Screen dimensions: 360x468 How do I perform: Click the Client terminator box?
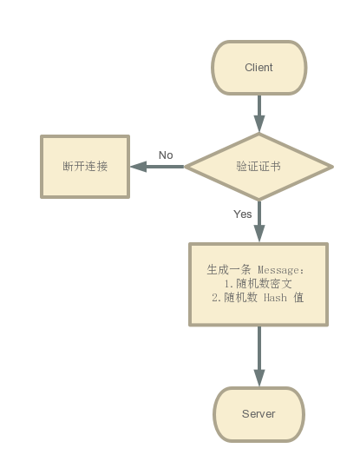click(259, 68)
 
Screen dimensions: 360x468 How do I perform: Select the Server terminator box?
click(259, 414)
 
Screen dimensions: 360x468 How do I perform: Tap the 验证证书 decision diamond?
click(259, 167)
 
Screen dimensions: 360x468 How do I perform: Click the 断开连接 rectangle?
click(85, 167)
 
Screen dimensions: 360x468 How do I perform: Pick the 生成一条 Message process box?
click(259, 285)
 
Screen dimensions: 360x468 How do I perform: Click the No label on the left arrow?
click(166, 155)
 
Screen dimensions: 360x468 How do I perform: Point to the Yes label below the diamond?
click(243, 214)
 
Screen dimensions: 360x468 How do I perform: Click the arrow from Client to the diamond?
click(259, 114)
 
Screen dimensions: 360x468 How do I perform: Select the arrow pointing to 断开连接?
click(157, 167)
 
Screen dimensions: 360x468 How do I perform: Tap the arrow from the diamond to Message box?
click(259, 221)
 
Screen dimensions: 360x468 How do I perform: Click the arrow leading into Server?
click(259, 356)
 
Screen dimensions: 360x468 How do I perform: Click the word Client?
click(259, 68)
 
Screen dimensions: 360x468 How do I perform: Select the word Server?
click(259, 413)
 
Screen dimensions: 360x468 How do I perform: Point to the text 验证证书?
click(259, 166)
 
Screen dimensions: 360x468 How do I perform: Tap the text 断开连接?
click(85, 166)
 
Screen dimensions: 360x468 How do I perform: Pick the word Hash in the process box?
click(275, 298)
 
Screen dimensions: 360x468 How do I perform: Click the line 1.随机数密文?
click(259, 284)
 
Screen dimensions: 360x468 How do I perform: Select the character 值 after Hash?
click(298, 297)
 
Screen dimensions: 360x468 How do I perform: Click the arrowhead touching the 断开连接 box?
click(138, 167)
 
